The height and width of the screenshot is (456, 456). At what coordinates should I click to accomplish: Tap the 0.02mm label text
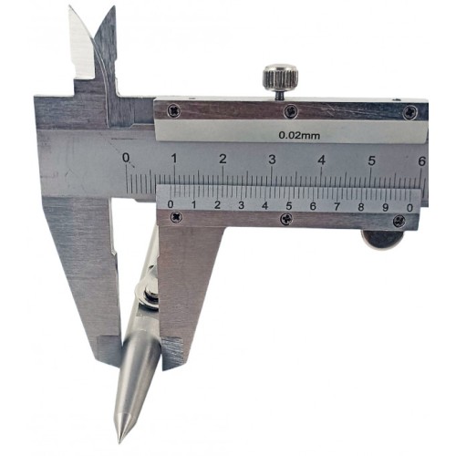click(299, 135)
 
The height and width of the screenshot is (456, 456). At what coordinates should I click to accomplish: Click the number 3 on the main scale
click(272, 160)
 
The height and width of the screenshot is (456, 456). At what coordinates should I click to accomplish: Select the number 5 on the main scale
click(371, 161)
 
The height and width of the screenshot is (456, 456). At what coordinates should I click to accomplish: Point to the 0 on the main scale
click(126, 158)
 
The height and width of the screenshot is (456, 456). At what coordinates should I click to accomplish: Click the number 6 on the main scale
click(421, 161)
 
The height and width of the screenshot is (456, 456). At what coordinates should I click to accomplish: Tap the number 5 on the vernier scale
click(289, 206)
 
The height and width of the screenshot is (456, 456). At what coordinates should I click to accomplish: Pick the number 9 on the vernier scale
click(385, 207)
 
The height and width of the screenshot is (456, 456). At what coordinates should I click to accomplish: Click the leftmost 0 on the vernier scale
click(171, 204)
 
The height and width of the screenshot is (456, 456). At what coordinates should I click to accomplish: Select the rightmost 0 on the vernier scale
click(409, 208)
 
